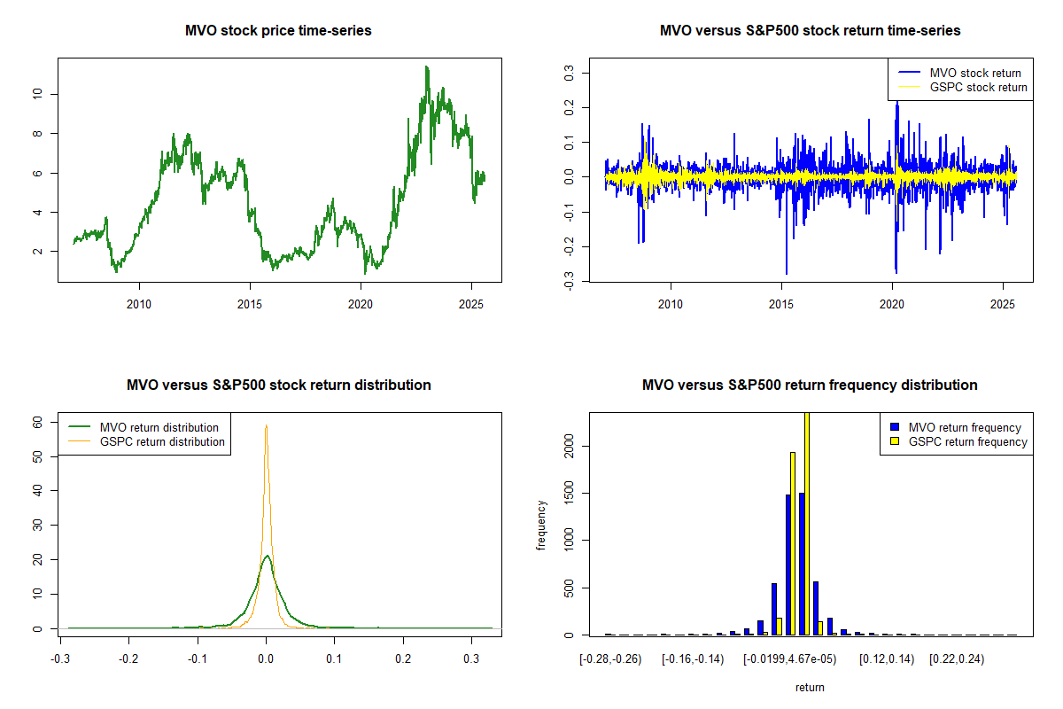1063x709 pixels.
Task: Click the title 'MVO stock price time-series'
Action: pos(278,31)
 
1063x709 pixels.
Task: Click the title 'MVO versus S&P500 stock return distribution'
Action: pos(278,386)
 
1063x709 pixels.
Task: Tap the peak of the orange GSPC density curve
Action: pos(266,425)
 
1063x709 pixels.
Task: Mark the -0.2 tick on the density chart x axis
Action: pos(128,660)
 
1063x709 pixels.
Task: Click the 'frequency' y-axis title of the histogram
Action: pos(542,526)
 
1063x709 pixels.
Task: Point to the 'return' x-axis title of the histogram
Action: pos(810,687)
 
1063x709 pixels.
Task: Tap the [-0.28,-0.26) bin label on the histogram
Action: pos(611,660)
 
